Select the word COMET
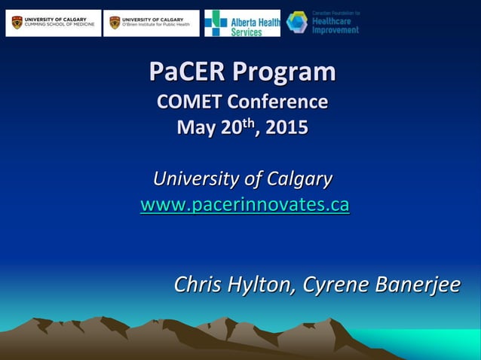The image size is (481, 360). pos(189,102)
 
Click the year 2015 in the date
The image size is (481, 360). pos(286,127)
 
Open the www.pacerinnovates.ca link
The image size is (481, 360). pos(244,204)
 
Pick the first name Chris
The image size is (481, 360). pos(198,284)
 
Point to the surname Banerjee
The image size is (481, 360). pos(417,284)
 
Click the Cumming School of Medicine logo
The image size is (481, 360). pos(53,23)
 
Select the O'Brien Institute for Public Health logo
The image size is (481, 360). pos(152,23)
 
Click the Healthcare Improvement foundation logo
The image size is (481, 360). pos(323,23)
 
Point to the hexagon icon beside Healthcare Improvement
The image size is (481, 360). pos(297,22)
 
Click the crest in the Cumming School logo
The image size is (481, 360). pos(17,23)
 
